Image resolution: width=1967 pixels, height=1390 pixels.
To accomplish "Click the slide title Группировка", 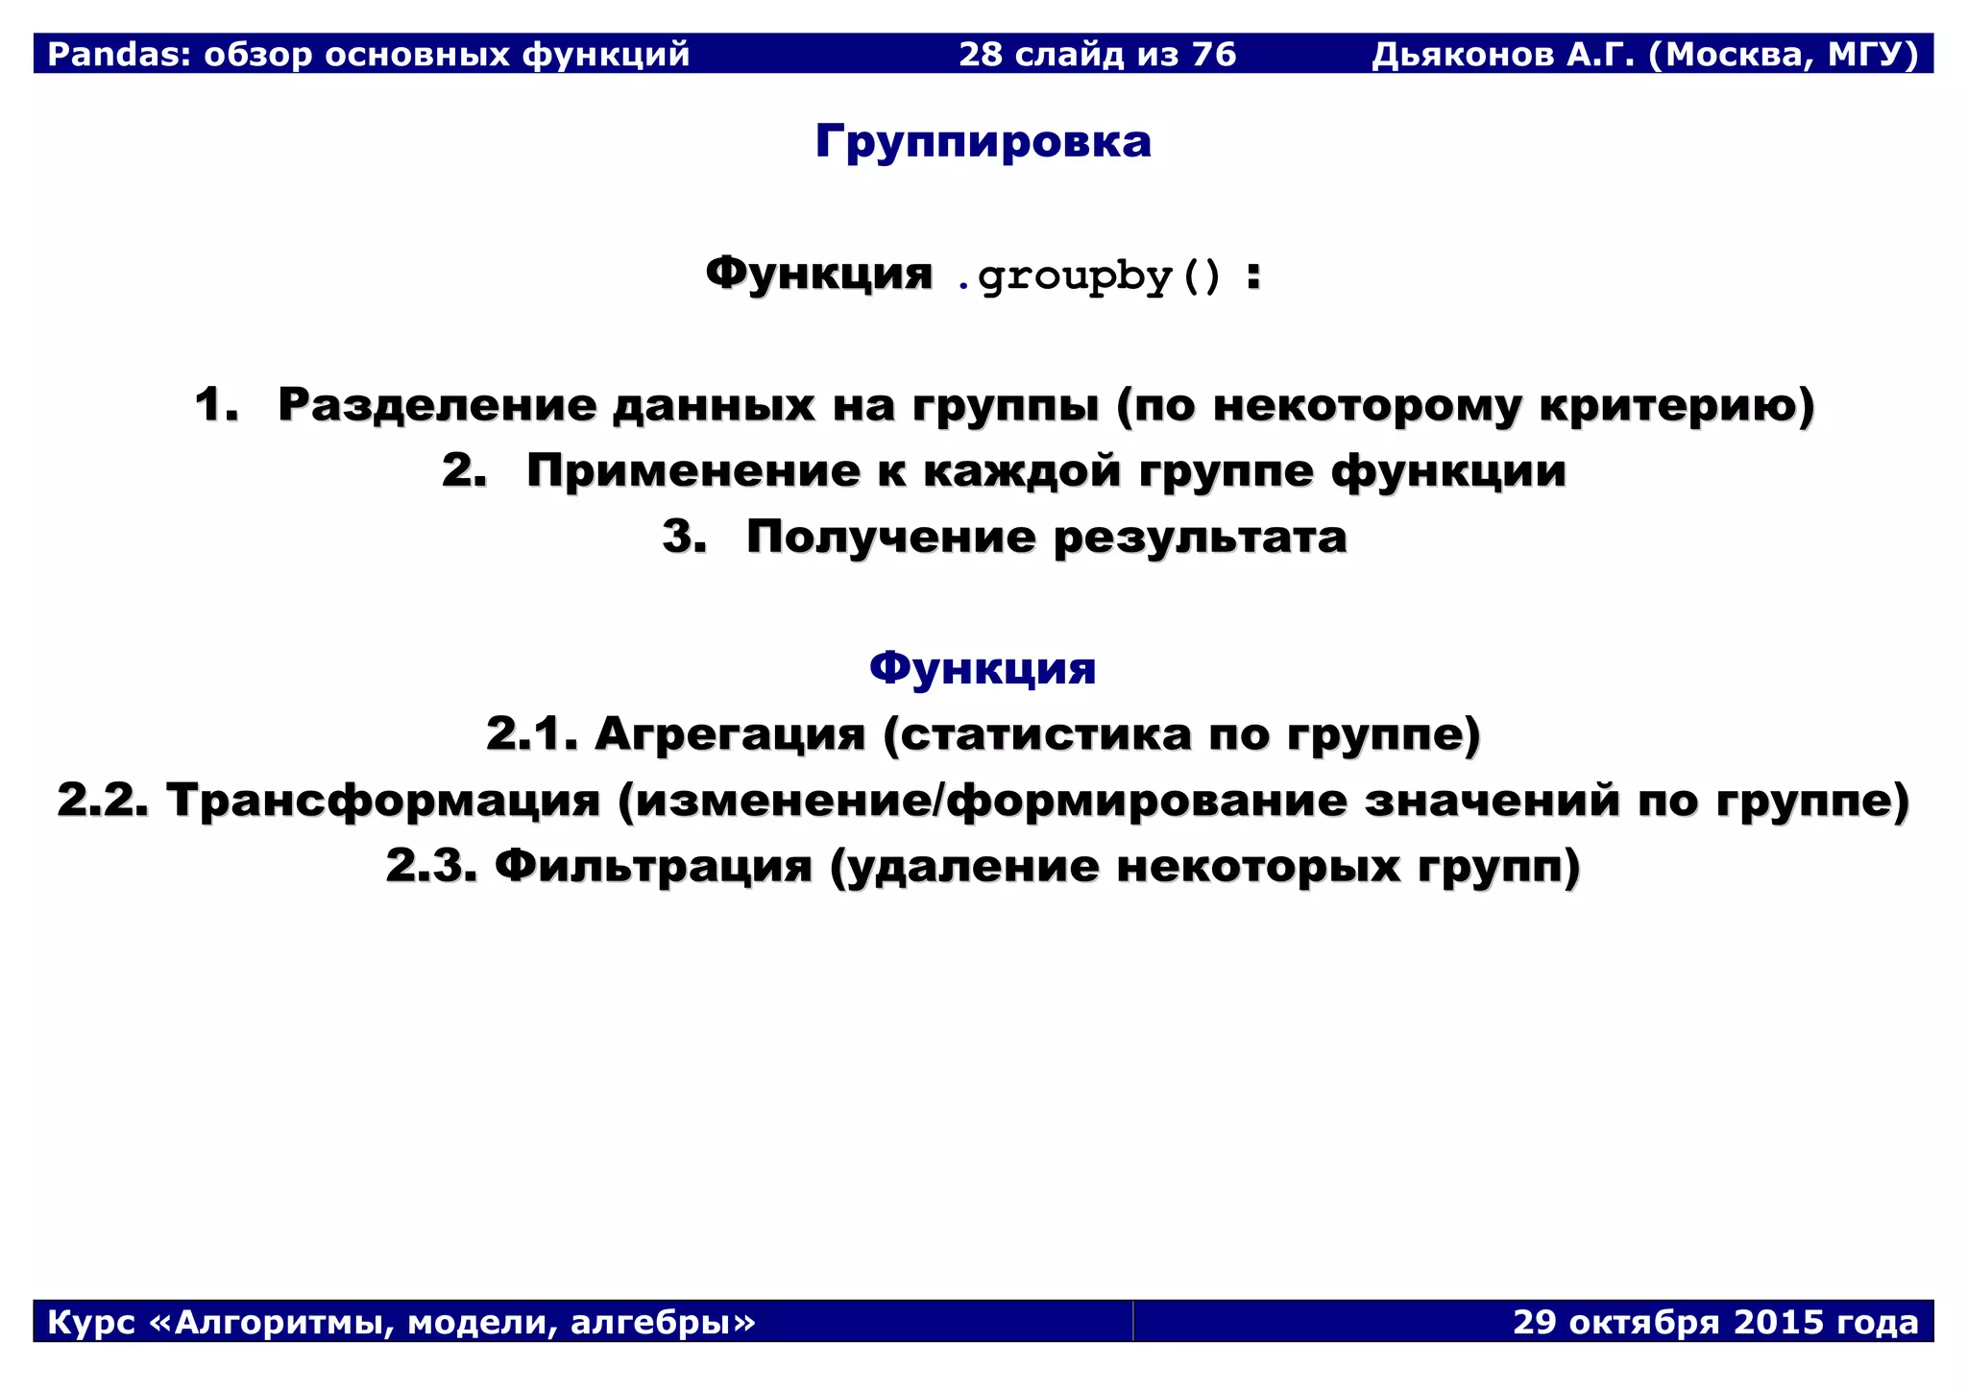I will pyautogui.click(x=983, y=142).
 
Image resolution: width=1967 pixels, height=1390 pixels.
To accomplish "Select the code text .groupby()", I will pyautogui.click(x=1089, y=276).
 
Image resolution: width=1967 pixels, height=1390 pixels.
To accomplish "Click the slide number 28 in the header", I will pyautogui.click(x=981, y=55).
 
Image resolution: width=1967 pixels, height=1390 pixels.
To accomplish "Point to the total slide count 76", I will pyautogui.click(x=1213, y=55).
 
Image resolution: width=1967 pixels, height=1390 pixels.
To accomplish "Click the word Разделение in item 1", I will pyautogui.click(x=436, y=404).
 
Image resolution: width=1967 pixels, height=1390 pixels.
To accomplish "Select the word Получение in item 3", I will pyautogui.click(x=891, y=537).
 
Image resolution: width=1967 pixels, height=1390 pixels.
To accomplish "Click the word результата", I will pyautogui.click(x=1201, y=538).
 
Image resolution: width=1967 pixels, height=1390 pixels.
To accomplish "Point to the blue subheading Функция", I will pyautogui.click(x=983, y=668).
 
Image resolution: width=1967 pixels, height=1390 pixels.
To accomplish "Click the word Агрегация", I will pyautogui.click(x=730, y=734).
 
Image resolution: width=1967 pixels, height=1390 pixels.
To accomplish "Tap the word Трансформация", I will pyautogui.click(x=383, y=801).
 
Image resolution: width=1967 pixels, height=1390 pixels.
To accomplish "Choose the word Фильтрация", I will pyautogui.click(x=653, y=866).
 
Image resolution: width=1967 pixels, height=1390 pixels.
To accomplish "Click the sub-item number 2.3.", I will pyautogui.click(x=431, y=866).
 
